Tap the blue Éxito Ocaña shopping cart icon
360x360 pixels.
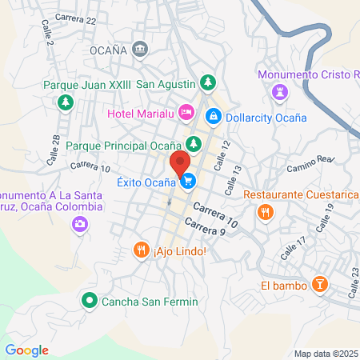(x=187, y=182)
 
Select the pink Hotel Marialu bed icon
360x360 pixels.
(x=186, y=111)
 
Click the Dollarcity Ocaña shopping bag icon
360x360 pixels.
(x=214, y=117)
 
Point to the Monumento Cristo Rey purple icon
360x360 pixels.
(x=279, y=92)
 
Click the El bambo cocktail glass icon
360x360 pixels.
(x=319, y=284)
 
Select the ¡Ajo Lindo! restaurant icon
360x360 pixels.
(x=142, y=250)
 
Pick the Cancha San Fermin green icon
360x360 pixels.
(x=88, y=302)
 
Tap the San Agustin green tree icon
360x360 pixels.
(x=207, y=82)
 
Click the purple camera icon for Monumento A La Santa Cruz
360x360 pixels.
(x=79, y=223)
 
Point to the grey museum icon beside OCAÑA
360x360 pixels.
(x=141, y=50)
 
